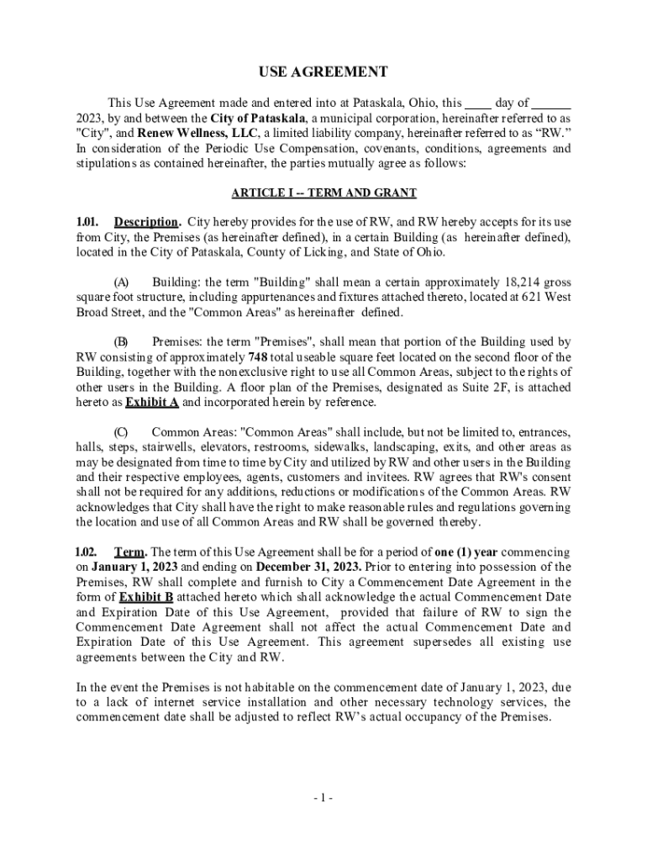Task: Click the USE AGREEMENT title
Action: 323,71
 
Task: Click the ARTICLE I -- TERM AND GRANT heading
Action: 323,193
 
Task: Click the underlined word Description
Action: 146,223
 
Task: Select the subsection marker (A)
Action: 121,283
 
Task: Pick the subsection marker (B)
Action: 121,342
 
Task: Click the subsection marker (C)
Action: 121,432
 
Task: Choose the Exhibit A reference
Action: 152,403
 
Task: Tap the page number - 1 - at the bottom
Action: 323,798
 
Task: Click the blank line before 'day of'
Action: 478,103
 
